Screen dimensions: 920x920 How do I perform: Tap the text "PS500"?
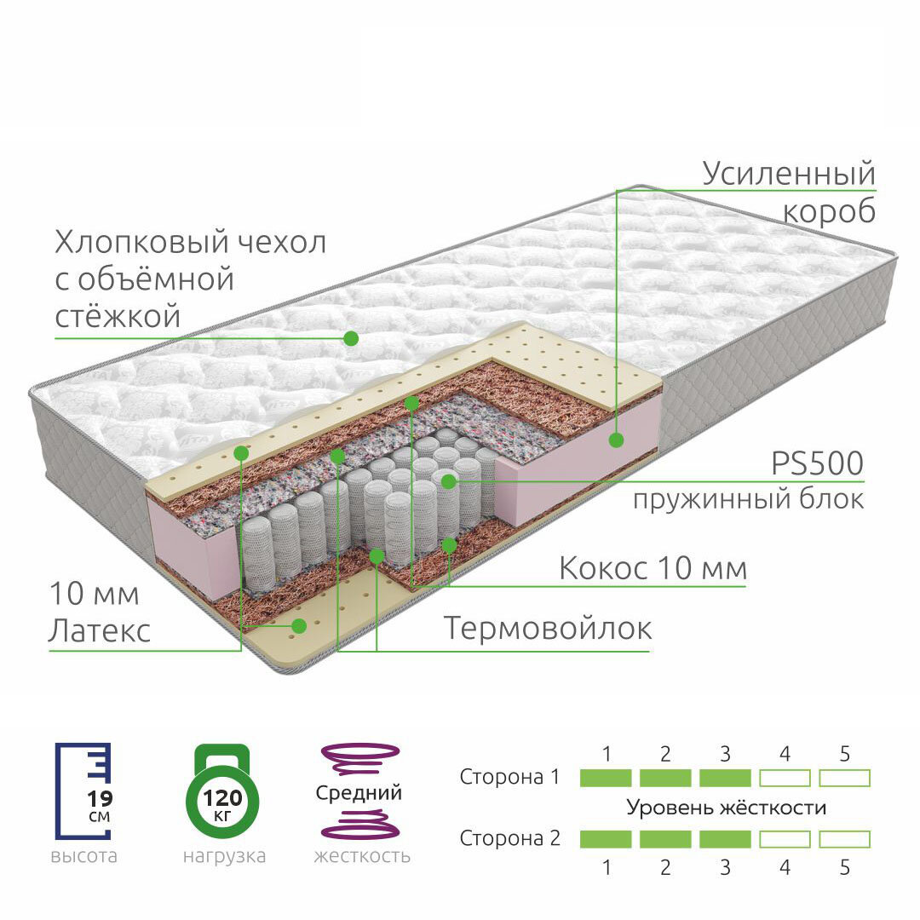click(x=817, y=465)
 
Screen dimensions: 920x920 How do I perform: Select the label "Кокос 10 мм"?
click(x=653, y=568)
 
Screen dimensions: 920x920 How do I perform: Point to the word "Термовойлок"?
click(x=548, y=630)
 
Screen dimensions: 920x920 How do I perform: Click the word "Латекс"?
click(x=100, y=631)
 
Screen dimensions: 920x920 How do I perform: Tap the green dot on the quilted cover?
click(x=350, y=338)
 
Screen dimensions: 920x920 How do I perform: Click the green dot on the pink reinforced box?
click(x=615, y=440)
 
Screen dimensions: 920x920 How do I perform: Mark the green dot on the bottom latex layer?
click(x=298, y=626)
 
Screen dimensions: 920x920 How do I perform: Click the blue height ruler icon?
click(x=83, y=790)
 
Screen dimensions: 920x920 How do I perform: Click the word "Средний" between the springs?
click(x=359, y=793)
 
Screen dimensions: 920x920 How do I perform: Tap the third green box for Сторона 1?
click(x=725, y=778)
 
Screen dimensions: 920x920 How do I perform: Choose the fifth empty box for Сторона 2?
click(x=844, y=839)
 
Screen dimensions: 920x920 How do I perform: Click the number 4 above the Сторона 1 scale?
click(x=785, y=754)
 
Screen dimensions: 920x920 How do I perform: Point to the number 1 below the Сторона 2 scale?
click(x=607, y=868)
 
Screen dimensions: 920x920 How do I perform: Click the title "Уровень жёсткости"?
click(x=726, y=808)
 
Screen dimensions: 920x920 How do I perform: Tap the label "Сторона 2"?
click(x=510, y=838)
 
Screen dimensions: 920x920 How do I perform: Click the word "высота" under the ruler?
click(x=83, y=856)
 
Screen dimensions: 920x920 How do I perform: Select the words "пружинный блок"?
click(x=747, y=499)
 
